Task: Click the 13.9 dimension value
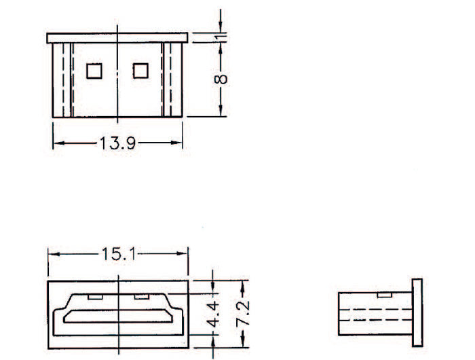click(x=117, y=143)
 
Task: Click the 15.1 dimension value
click(x=119, y=254)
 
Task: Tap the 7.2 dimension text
click(x=243, y=313)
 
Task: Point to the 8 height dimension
click(x=221, y=79)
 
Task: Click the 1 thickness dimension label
click(x=221, y=37)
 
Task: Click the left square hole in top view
click(x=94, y=71)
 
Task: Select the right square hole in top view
click(x=140, y=71)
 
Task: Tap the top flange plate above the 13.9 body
click(x=117, y=38)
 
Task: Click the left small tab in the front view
click(x=95, y=297)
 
